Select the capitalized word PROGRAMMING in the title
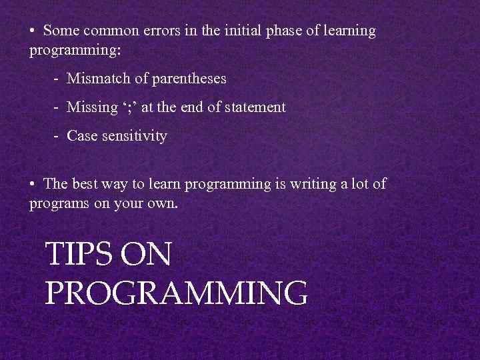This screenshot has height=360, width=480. click(x=176, y=293)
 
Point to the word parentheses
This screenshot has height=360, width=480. click(x=189, y=79)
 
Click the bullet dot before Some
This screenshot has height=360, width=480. click(x=33, y=31)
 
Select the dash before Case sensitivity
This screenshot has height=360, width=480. click(x=58, y=137)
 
